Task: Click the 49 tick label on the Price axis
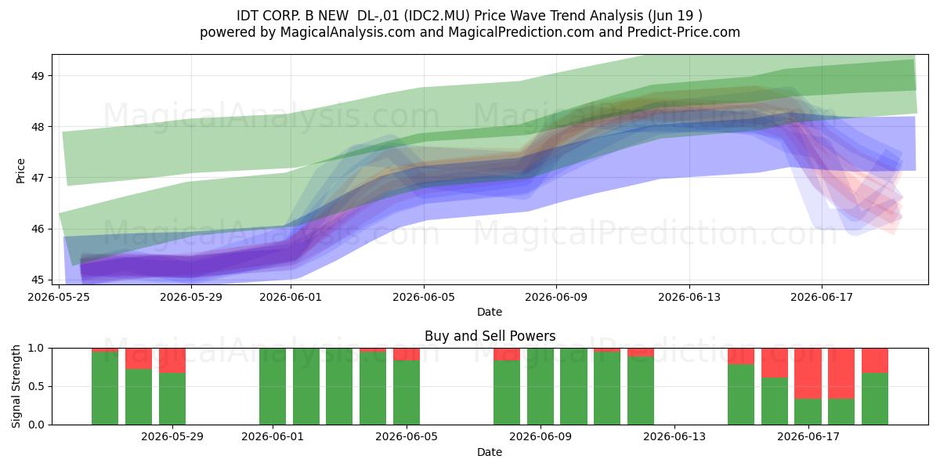[x=38, y=76]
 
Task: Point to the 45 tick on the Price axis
[x=38, y=280]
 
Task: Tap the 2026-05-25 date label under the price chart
[x=59, y=297]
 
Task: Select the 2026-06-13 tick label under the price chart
[x=689, y=297]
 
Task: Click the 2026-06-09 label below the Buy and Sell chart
[x=540, y=436]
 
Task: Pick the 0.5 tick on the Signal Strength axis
[x=36, y=386]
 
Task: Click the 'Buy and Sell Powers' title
[x=490, y=336]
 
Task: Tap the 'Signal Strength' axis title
[x=16, y=386]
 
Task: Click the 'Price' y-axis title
[x=20, y=171]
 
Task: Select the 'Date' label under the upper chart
[x=490, y=312]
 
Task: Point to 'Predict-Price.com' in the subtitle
[x=683, y=32]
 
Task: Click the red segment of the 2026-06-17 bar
[x=808, y=374]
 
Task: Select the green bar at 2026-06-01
[x=273, y=386]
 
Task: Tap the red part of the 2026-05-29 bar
[x=172, y=360]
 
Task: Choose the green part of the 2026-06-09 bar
[x=540, y=386]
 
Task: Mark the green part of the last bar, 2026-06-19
[x=875, y=399]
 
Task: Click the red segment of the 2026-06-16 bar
[x=775, y=363]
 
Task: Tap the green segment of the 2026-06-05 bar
[x=407, y=392]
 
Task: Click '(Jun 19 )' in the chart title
[x=674, y=16]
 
